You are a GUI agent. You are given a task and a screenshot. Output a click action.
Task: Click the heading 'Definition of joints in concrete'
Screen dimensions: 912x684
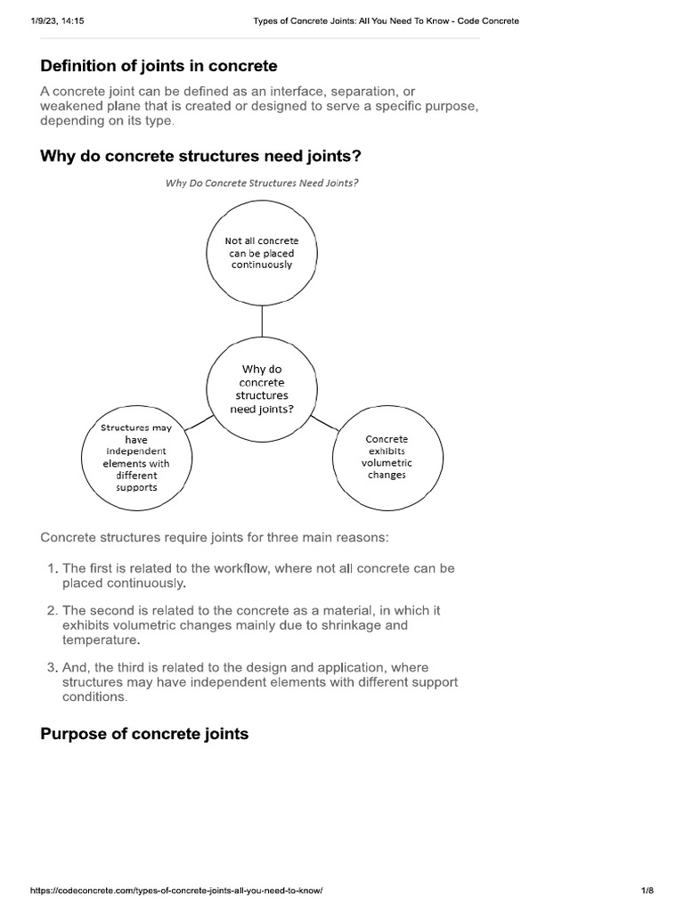pyautogui.click(x=159, y=65)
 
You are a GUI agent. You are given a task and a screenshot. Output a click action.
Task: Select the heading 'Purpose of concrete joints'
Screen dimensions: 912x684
pyautogui.click(x=144, y=734)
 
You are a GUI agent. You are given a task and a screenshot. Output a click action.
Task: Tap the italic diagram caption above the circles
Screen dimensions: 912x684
pyautogui.click(x=262, y=183)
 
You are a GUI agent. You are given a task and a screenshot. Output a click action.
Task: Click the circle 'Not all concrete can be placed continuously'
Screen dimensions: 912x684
pyautogui.click(x=262, y=253)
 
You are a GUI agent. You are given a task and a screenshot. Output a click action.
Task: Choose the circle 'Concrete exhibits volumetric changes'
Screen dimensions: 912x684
pyautogui.click(x=387, y=457)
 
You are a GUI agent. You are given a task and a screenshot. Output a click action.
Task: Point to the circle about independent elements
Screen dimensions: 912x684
pyautogui.click(x=136, y=458)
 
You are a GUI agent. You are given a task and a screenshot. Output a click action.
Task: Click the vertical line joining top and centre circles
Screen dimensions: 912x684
pyautogui.click(x=262, y=325)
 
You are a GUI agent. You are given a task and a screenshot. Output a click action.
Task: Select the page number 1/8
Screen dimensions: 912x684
pyautogui.click(x=647, y=891)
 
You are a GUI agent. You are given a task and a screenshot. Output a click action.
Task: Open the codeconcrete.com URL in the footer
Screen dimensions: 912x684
pyautogui.click(x=175, y=891)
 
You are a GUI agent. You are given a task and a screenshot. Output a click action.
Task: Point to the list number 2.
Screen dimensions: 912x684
pyautogui.click(x=52, y=611)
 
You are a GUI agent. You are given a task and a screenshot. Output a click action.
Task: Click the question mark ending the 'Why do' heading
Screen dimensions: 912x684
pyautogui.click(x=357, y=157)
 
